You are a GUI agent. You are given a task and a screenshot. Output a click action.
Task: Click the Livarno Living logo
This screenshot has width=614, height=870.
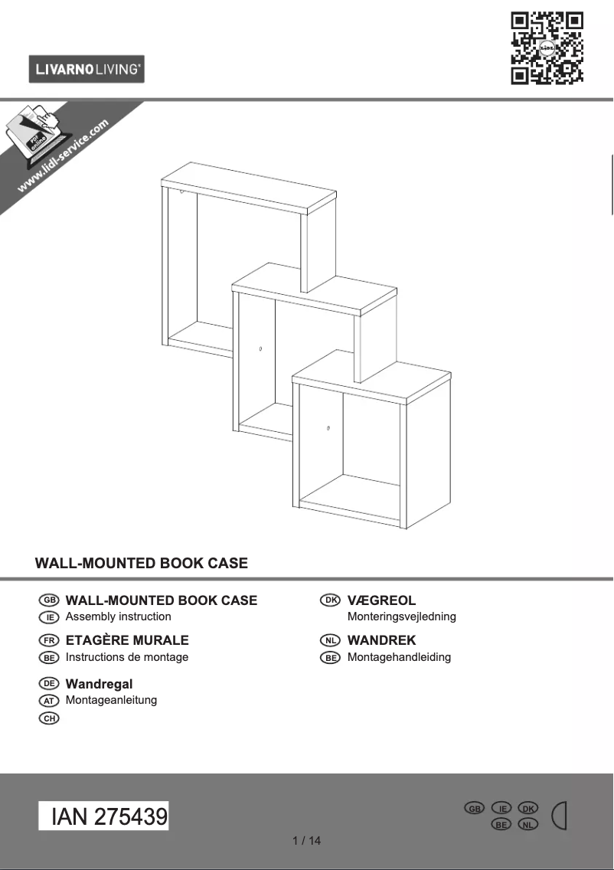click(x=87, y=70)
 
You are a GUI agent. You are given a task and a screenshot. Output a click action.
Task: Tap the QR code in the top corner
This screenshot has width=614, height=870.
click(x=547, y=47)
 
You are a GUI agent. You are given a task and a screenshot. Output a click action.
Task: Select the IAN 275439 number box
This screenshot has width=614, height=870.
click(x=104, y=816)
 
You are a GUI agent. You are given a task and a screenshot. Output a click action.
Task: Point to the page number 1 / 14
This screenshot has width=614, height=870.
click(x=307, y=841)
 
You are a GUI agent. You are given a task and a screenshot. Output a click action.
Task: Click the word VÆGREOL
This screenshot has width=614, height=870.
click(x=381, y=600)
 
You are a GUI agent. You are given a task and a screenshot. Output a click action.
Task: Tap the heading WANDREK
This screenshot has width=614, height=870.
click(x=381, y=640)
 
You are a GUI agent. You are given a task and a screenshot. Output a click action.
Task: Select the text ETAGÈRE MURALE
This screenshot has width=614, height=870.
click(x=127, y=640)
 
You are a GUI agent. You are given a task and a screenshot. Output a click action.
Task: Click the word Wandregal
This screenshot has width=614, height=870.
click(x=99, y=683)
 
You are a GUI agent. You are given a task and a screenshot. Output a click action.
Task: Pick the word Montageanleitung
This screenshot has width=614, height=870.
click(x=111, y=700)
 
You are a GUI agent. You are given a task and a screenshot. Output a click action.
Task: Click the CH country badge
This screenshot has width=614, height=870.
click(x=48, y=718)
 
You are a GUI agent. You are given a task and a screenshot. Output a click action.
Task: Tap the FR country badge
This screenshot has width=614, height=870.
click(x=48, y=640)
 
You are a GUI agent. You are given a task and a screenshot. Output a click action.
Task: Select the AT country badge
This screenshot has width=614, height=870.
click(x=48, y=700)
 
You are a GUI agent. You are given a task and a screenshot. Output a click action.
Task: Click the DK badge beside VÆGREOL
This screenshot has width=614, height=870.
click(x=330, y=600)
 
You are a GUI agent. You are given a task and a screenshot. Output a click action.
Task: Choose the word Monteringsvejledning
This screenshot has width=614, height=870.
click(x=401, y=617)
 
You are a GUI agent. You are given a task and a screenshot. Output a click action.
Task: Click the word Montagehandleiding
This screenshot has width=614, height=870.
click(x=399, y=657)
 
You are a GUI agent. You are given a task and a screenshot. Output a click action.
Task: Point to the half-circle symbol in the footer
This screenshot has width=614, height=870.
click(x=560, y=816)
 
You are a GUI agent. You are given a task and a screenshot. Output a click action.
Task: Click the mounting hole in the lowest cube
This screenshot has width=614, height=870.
click(x=328, y=427)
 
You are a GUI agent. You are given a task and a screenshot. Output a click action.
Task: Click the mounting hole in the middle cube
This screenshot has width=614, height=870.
click(x=260, y=349)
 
